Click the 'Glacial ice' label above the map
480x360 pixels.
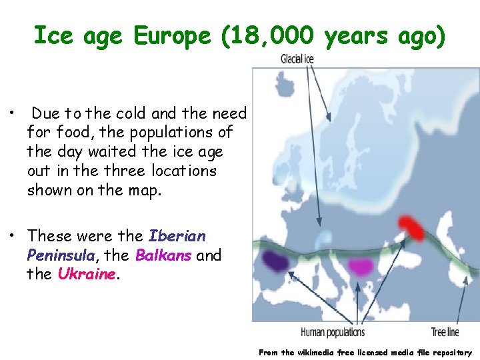297,59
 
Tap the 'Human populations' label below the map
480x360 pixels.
333,332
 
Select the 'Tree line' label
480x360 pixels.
445,332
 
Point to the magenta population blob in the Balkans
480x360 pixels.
361,267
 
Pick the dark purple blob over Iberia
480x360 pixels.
275,261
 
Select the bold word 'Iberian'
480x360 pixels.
177,236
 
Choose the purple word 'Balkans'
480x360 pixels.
164,255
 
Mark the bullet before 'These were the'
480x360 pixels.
13,236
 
